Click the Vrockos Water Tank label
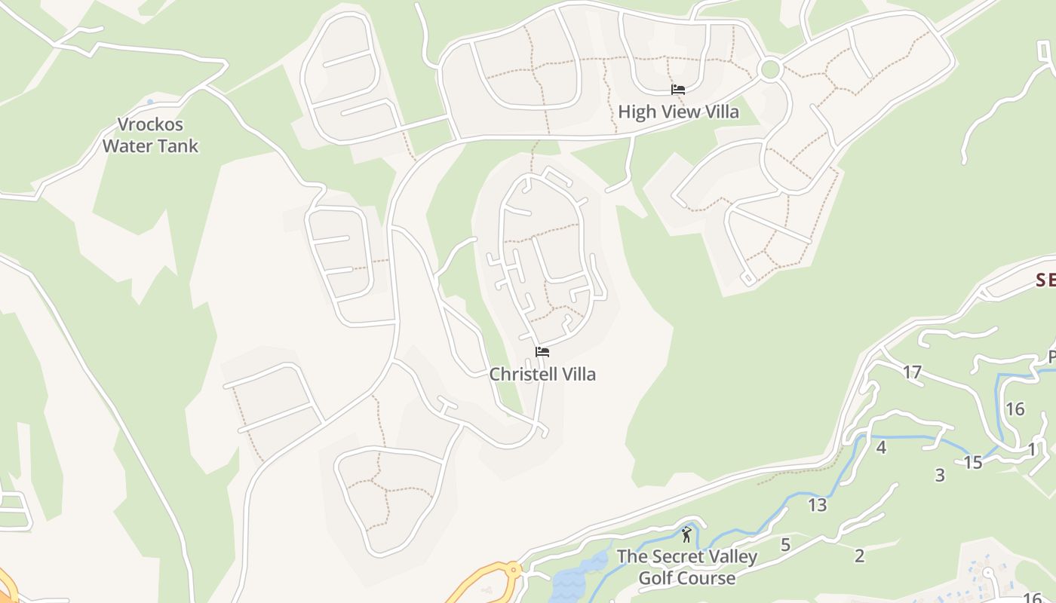[x=150, y=135]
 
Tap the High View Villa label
[x=678, y=112]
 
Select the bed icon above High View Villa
[x=678, y=90]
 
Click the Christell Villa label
[x=542, y=374]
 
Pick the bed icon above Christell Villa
[x=542, y=351]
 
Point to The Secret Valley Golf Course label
[x=686, y=567]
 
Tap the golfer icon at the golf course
[x=686, y=535]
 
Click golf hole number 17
[x=912, y=372]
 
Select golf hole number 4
[x=880, y=448]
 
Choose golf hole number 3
[x=940, y=475]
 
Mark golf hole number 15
[x=973, y=462]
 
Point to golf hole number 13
[x=818, y=505]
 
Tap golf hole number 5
[x=785, y=544]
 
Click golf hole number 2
[x=859, y=556]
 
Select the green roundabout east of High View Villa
[x=769, y=69]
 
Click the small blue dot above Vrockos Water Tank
[x=149, y=102]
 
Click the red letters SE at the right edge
[x=1045, y=280]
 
